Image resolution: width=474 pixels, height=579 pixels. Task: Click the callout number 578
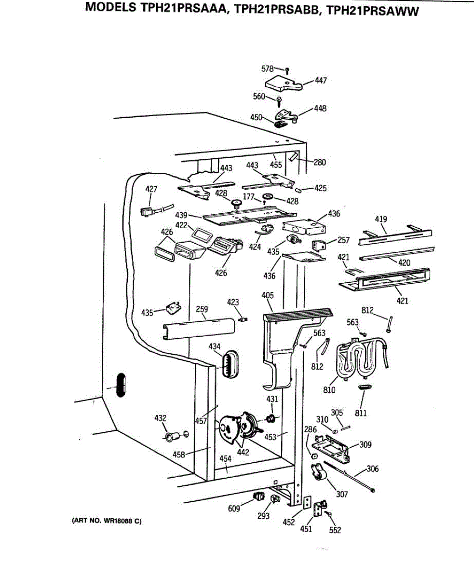pos(268,69)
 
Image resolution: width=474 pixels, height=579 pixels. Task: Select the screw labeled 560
pos(279,102)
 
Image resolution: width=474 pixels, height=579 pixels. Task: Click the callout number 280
pos(320,162)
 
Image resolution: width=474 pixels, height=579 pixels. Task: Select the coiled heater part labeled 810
pos(361,358)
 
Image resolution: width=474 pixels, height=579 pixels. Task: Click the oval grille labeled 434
pos(230,364)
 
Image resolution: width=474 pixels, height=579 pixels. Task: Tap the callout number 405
pos(268,295)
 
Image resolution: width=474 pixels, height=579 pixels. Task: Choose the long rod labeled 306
pos(349,477)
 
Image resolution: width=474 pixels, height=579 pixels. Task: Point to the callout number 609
pos(234,509)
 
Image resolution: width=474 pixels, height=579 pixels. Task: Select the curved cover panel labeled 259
pos(199,329)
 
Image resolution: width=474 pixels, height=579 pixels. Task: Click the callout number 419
pos(381,219)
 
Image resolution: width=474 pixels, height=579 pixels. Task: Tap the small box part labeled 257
pos(319,245)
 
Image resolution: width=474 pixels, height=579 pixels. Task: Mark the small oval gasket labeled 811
pos(365,387)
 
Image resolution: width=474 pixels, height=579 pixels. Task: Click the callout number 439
pos(181,215)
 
